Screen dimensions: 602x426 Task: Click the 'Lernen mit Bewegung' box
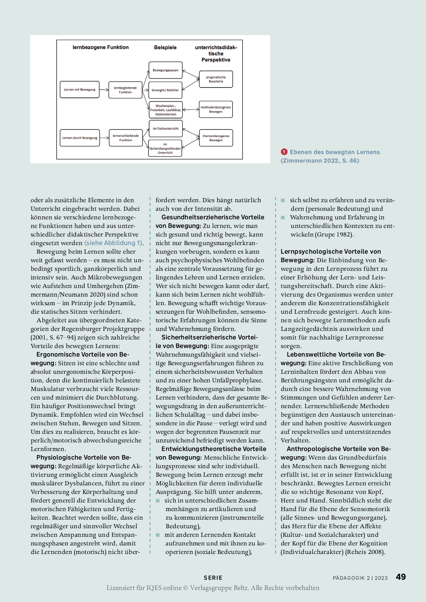click(80, 90)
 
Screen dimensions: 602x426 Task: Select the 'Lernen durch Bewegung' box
click(80, 138)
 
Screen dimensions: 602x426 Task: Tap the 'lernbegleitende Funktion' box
click(125, 90)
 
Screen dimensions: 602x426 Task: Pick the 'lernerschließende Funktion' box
click(126, 138)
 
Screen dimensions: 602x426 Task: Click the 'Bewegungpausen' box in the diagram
click(166, 70)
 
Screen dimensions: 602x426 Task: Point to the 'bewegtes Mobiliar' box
click(166, 90)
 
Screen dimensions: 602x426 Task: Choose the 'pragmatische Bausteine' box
click(216, 79)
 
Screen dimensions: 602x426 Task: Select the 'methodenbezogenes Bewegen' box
click(216, 109)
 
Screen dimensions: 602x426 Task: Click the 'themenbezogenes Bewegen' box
click(216, 138)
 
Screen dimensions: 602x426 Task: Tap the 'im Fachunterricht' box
click(166, 129)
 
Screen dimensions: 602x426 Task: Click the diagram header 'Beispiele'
click(165, 47)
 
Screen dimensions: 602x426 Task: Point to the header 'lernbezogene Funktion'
click(101, 47)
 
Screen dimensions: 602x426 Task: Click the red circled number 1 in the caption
click(284, 152)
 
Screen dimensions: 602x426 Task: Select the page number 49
click(401, 577)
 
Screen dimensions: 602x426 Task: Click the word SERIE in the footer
click(213, 578)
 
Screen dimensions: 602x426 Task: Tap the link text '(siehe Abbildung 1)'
click(113, 243)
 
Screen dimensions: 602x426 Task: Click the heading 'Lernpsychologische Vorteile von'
click(330, 252)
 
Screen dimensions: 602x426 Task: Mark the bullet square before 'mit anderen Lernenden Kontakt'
click(158, 535)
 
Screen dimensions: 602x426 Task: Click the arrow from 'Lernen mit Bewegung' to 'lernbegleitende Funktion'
click(104, 90)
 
